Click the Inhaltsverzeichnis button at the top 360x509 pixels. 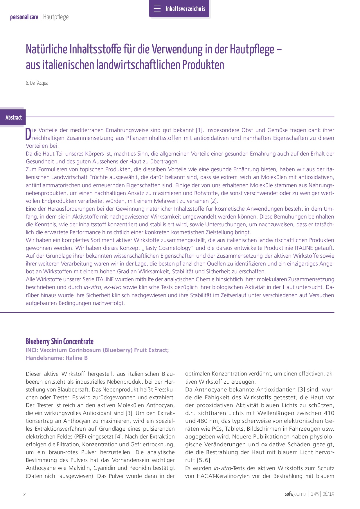(x=179, y=9)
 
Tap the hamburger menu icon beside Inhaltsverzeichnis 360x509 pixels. (x=157, y=9)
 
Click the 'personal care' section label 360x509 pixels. (x=24, y=17)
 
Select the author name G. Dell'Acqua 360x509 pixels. (x=37, y=83)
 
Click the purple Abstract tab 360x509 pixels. (x=13, y=118)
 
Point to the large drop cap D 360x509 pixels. (x=28, y=134)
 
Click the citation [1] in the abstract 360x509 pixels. (x=199, y=130)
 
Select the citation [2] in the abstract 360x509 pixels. (x=214, y=201)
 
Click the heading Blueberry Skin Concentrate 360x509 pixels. (x=60, y=342)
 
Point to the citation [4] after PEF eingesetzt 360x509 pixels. (x=118, y=437)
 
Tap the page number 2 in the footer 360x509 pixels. (x=24, y=494)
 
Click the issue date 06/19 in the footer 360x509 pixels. (x=328, y=494)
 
